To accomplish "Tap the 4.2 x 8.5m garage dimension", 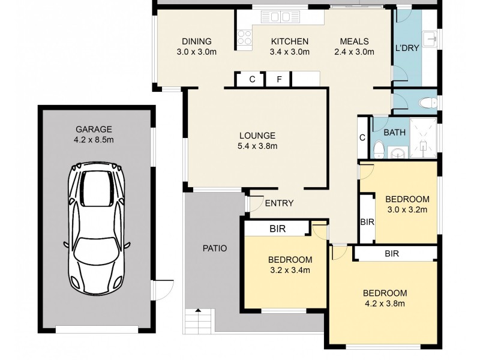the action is coord(94,140).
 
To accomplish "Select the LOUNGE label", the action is coord(257,136).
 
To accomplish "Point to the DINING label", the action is coord(197,41).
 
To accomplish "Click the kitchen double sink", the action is coord(280,17).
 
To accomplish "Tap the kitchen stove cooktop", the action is coord(245,38).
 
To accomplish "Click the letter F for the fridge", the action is coord(279,80).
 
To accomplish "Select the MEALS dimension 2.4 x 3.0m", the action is coord(354,52).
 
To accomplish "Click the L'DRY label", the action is coord(407,48).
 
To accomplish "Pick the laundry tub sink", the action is coord(430,38).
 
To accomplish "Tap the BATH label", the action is coord(394,133).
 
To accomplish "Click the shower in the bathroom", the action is coord(424,139).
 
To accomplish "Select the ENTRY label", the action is coord(279,203).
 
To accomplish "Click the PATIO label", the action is coord(215,248).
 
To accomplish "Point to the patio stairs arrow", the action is coord(198,310).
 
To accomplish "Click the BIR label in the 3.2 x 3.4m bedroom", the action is coord(278,229).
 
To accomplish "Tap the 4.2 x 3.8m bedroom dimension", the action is coord(385,304).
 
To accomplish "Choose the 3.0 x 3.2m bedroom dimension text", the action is coord(407,210).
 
